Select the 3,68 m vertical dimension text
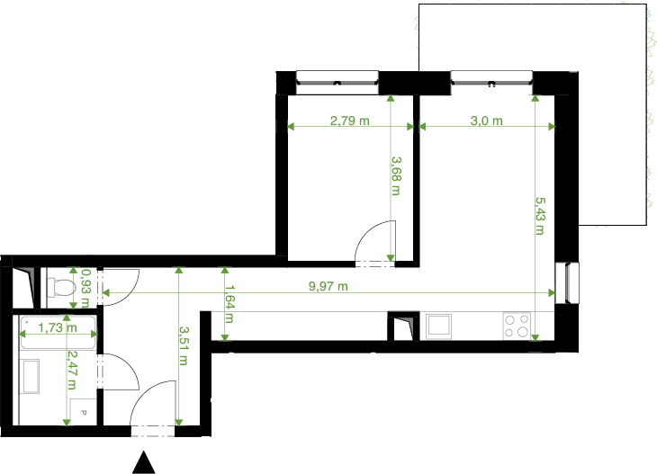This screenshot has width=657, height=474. tap(396, 176)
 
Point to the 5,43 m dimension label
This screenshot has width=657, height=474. tap(540, 216)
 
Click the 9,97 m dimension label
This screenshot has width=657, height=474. tap(328, 286)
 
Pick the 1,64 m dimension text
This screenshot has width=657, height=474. tap(229, 304)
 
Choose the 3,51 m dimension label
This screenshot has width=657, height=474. tap(184, 346)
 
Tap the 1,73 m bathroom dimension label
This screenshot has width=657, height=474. tap(58, 327)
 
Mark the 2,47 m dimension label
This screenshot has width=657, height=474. tap(72, 371)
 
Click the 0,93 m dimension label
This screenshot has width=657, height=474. tap(85, 288)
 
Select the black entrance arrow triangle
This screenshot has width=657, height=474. tap(144, 461)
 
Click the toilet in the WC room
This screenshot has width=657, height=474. tap(60, 288)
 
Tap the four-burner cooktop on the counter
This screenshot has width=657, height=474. tap(517, 326)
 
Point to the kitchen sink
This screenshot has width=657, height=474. tap(439, 326)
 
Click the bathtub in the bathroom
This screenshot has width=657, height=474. tap(58, 333)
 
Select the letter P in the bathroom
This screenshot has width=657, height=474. tap(83, 413)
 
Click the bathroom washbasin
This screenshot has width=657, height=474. tap(31, 376)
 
